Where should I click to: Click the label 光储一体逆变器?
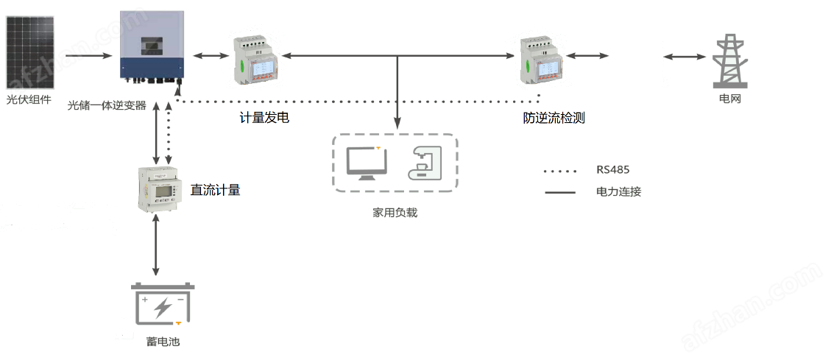[107, 105]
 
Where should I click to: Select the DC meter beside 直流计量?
[158, 189]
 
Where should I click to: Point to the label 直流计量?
[215, 190]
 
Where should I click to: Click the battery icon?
[163, 304]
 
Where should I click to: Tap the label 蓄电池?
[163, 342]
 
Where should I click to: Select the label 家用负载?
[395, 213]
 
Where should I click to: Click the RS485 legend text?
[612, 170]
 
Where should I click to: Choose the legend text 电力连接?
[618, 192]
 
